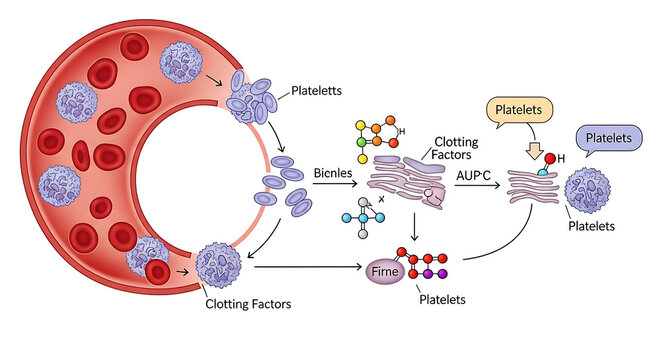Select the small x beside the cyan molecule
coord(382,200)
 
